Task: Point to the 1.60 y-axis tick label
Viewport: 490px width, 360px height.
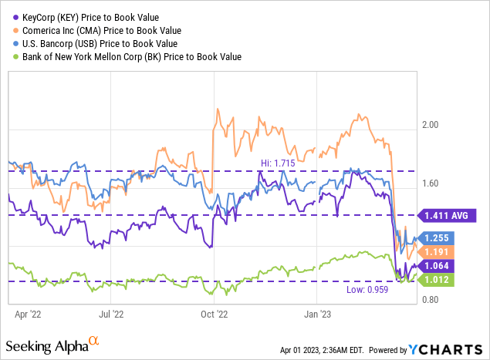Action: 437,183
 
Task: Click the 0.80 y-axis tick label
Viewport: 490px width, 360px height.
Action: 437,300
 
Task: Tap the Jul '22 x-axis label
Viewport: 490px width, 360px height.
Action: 112,315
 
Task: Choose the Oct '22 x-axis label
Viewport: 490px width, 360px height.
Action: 214,315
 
